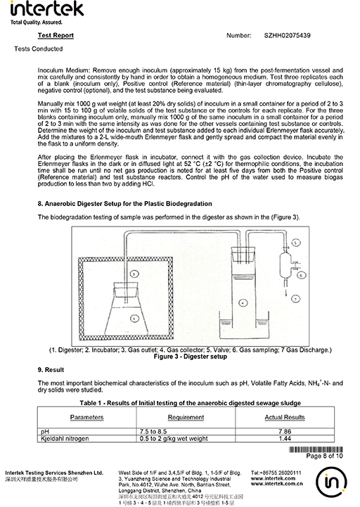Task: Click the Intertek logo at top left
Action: [x=47, y=13]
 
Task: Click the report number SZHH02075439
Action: [x=287, y=36]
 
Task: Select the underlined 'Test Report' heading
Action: [x=56, y=36]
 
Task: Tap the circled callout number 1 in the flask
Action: [x=134, y=319]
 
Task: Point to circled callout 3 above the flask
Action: [x=134, y=274]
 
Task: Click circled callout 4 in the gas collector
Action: [x=243, y=303]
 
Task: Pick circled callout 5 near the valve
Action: [x=296, y=243]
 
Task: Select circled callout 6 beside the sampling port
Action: [x=301, y=275]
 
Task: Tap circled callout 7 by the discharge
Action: [x=296, y=299]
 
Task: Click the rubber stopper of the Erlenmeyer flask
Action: [x=125, y=290]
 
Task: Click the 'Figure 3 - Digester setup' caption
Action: [x=190, y=357]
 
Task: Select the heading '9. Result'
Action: [x=51, y=370]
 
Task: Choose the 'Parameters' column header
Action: [x=86, y=418]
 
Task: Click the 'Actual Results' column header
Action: [x=285, y=418]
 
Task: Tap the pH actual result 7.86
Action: [x=285, y=431]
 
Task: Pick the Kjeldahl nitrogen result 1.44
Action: [x=285, y=439]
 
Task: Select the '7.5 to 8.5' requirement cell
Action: [x=153, y=431]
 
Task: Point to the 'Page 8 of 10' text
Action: [x=324, y=456]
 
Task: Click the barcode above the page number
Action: [x=316, y=449]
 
